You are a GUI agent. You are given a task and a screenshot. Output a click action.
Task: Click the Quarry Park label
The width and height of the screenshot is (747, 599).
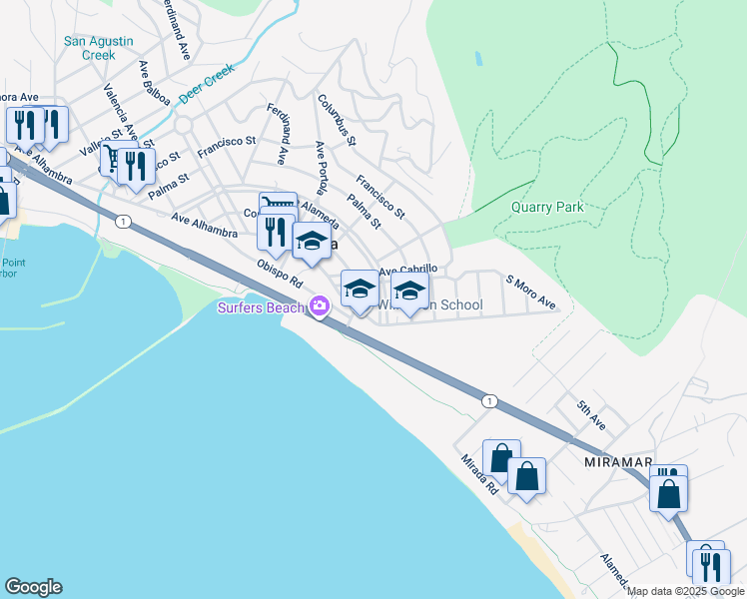tap(546, 207)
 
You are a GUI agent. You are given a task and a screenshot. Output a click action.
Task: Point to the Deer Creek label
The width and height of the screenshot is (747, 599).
tap(206, 85)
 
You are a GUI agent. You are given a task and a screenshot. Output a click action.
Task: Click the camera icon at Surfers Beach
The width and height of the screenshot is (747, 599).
tap(320, 306)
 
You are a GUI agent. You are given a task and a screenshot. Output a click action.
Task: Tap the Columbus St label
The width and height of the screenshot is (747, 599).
tap(337, 120)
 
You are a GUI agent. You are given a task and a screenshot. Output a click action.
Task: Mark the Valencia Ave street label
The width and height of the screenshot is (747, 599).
tap(120, 106)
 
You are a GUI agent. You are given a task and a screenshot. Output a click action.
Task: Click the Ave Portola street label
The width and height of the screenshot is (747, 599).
tap(322, 167)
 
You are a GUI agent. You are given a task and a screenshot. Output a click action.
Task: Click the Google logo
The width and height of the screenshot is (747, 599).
tap(33, 587)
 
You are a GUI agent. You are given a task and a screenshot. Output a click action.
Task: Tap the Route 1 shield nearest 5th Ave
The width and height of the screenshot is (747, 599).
tap(488, 400)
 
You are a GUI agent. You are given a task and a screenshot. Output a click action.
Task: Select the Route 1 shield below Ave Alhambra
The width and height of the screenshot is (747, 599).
tap(122, 221)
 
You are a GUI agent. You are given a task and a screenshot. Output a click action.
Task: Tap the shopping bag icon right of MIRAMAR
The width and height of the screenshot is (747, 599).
tap(668, 493)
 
